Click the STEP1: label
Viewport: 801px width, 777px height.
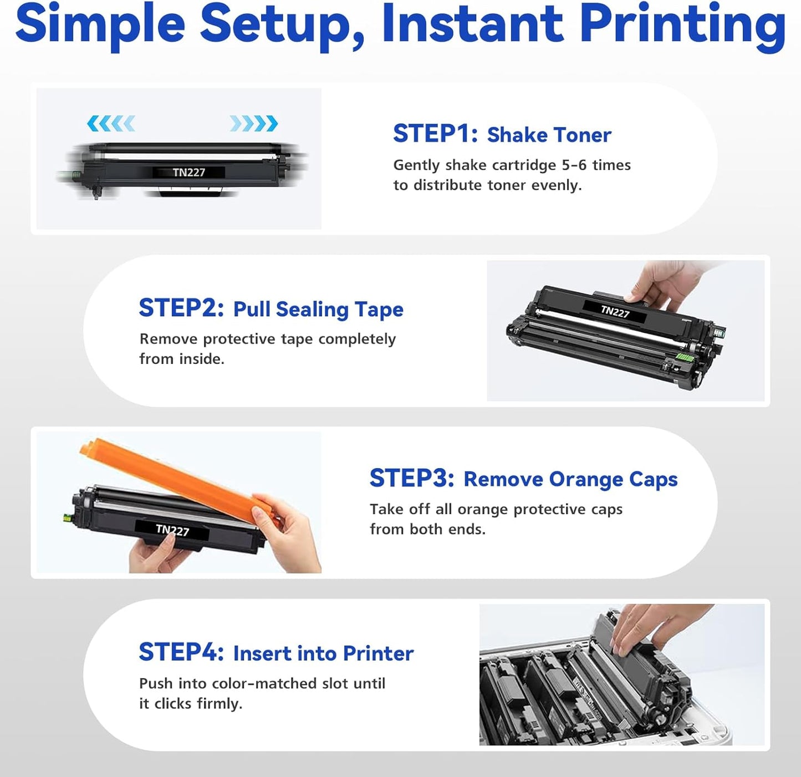pos(435,134)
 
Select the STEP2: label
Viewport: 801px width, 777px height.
pos(181,308)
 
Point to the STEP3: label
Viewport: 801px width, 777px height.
pos(412,478)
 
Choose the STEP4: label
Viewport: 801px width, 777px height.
pos(181,652)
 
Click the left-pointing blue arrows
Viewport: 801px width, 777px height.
pos(111,123)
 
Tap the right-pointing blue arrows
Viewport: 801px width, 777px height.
pos(253,123)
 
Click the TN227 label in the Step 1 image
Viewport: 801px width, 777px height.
pos(188,172)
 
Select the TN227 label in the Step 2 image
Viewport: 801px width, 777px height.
pos(615,312)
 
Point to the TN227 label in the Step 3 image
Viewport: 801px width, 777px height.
pos(172,530)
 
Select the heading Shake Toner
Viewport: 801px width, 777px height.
pos(549,135)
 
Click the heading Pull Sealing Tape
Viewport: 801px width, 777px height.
pos(318,309)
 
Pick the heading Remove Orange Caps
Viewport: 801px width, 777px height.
pos(570,479)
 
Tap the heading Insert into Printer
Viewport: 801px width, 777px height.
pos(323,653)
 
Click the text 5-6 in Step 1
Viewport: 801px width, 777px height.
pos(574,165)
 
